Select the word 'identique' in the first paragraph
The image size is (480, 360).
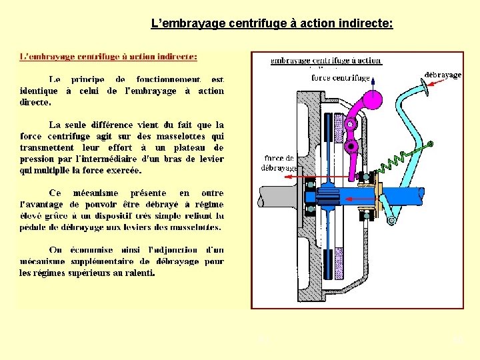tap(40, 91)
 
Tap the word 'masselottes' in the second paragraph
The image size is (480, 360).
tap(188, 136)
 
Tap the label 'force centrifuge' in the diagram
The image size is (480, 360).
tap(341, 77)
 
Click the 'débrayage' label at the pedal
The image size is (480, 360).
tap(443, 75)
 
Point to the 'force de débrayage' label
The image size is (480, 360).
tap(279, 163)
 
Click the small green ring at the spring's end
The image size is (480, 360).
tap(430, 143)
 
